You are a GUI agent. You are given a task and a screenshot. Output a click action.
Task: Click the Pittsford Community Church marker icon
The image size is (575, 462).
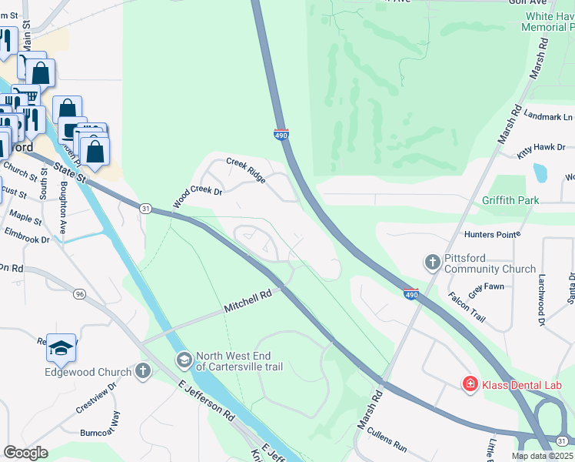coord(432,263)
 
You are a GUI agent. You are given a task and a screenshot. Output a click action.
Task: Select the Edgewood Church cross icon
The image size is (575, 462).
coord(142,372)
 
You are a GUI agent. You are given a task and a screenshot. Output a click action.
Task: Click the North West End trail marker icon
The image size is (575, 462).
coord(184,360)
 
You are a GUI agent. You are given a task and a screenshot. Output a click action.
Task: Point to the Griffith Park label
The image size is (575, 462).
coord(511,201)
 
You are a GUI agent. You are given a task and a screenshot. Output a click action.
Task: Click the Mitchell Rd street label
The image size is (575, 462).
coord(248,300)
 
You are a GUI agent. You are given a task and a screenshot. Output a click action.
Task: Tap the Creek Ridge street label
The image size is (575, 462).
coord(246,171)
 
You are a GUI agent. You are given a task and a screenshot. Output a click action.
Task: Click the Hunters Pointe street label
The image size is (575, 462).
coord(493,234)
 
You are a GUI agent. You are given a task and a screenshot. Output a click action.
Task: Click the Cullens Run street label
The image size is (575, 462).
coord(387,439)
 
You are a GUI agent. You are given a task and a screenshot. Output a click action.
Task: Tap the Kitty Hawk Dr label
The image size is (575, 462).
coord(541,151)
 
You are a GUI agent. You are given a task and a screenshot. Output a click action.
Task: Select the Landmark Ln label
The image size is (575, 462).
coord(548,115)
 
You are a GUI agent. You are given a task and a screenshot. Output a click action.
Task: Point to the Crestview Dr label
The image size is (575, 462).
coord(97,397)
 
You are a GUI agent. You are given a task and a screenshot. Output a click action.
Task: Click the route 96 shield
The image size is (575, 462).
coord(79,272)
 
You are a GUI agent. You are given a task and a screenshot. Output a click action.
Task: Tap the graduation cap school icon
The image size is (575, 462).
coord(61,349)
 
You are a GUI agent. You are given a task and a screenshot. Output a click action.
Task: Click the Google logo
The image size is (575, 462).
coord(25,453)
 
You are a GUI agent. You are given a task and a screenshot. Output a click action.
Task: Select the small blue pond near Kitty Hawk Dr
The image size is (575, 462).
coord(540,172)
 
